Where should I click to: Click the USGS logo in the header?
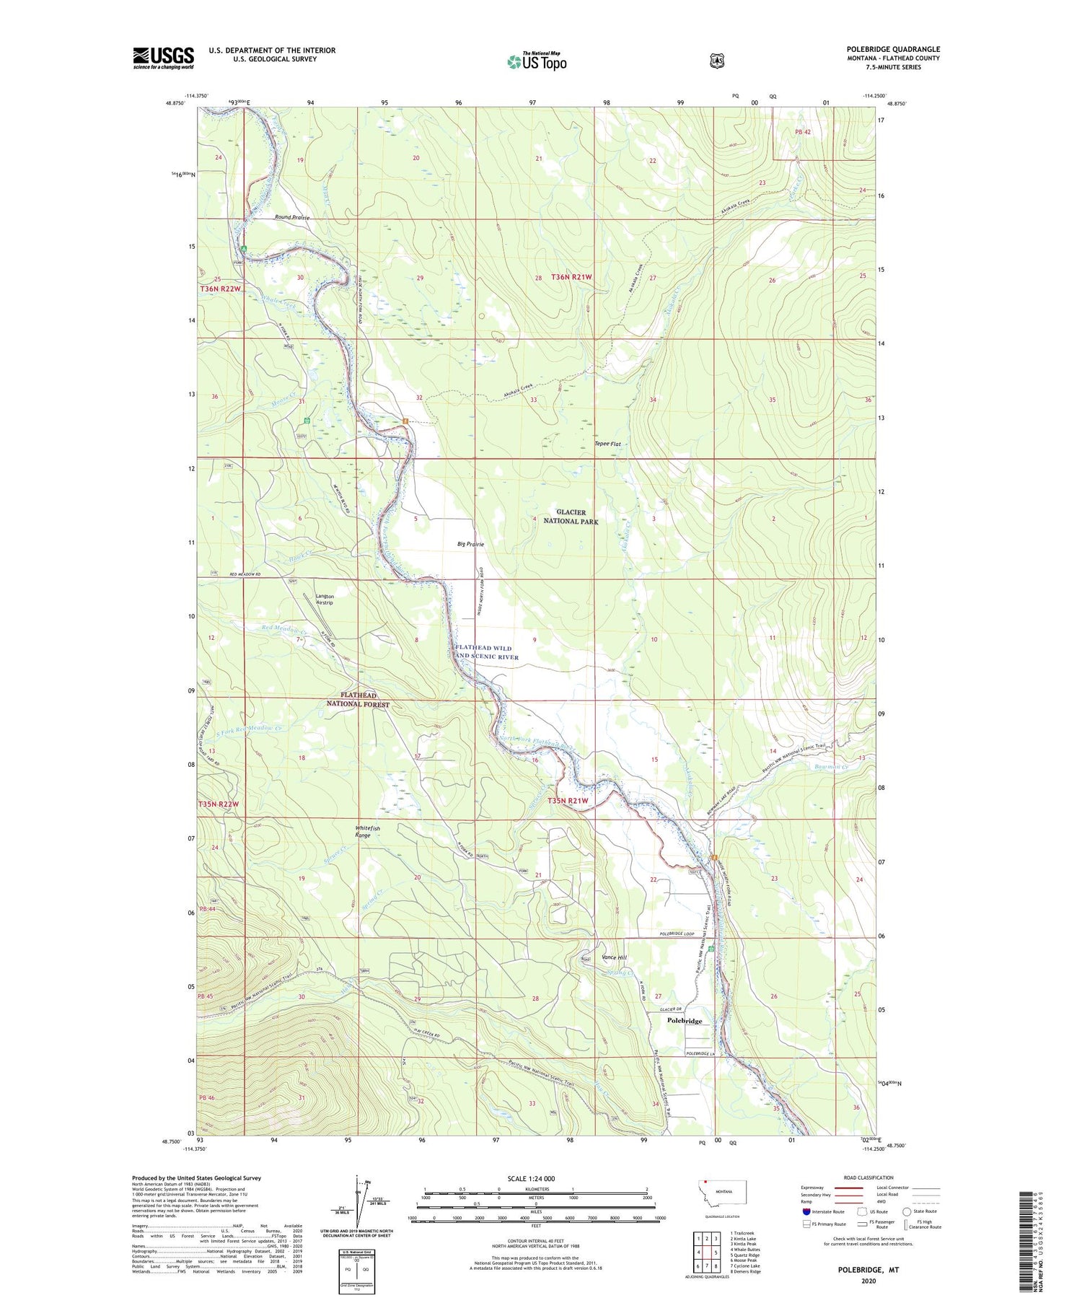163,58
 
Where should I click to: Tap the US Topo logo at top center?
537,61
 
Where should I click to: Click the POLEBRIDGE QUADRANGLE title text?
893,50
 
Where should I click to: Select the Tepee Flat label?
607,444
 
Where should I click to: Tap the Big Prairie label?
470,544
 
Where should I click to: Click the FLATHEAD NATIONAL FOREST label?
358,699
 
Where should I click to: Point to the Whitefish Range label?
367,832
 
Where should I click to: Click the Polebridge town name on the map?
684,1021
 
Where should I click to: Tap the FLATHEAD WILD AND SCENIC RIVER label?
487,652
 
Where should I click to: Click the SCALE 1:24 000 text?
531,1178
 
